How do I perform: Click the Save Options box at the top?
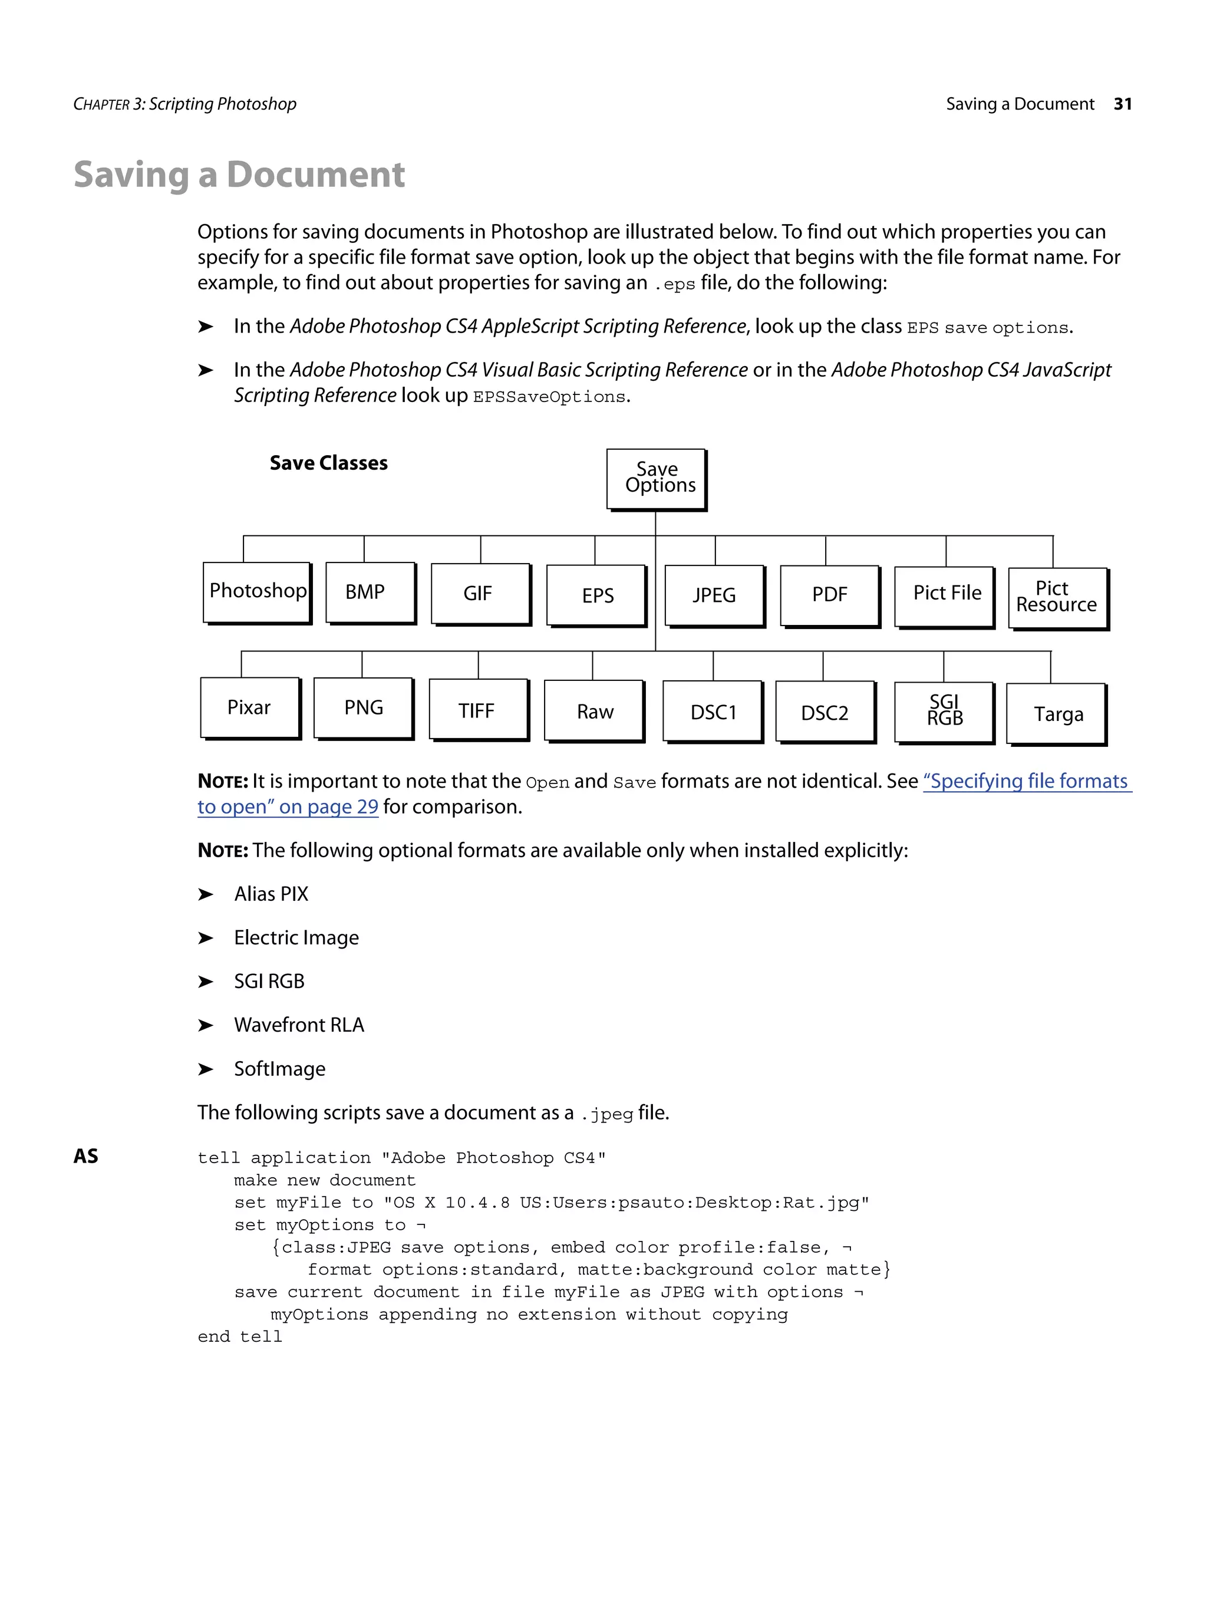coord(655,478)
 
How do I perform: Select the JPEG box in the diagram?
coord(714,595)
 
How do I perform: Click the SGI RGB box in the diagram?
coord(944,711)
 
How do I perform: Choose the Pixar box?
coord(249,707)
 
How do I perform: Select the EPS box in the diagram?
coord(596,595)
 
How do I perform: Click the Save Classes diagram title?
coord(328,463)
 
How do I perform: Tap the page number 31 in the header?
coord(1122,104)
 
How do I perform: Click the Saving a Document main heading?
coord(239,175)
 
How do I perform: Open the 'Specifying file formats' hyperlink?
coord(1026,781)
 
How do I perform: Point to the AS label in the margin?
coord(86,1156)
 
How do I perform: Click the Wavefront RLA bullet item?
coord(298,1025)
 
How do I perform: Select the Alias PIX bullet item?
coord(271,894)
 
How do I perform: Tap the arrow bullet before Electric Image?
coord(206,937)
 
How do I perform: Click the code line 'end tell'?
coord(239,1336)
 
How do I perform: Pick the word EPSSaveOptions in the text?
coord(549,397)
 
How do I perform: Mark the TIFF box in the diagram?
coord(477,710)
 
